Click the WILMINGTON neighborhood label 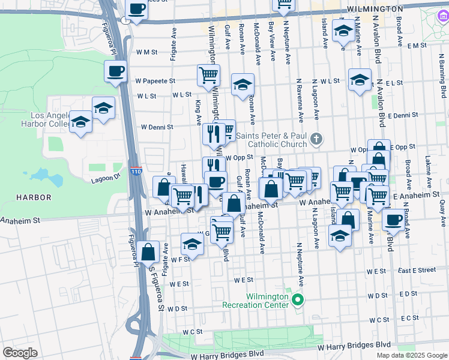[x=375, y=9]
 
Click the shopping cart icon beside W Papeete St [x=208, y=75]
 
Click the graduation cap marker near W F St [x=192, y=244]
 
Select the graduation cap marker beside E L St [x=359, y=80]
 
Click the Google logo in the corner [x=20, y=352]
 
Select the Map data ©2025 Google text [x=411, y=355]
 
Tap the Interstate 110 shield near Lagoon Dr [x=137, y=171]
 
